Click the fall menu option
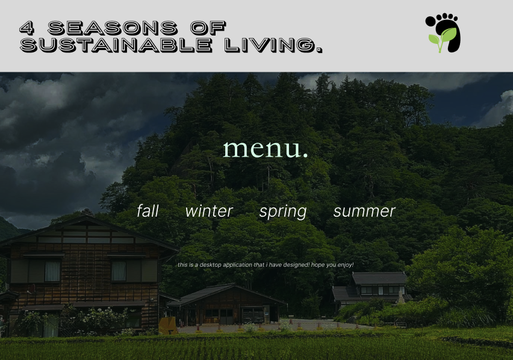pos(148,211)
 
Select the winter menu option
pos(209,211)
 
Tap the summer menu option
pos(364,211)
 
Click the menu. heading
pos(265,148)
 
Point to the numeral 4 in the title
pos(26,27)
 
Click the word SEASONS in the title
pos(112,27)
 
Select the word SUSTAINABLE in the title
pos(116,45)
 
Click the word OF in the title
pos(207,27)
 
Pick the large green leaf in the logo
pos(447,35)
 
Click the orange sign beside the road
pos(167,326)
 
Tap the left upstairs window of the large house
pos(53,270)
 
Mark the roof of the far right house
pos(379,278)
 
